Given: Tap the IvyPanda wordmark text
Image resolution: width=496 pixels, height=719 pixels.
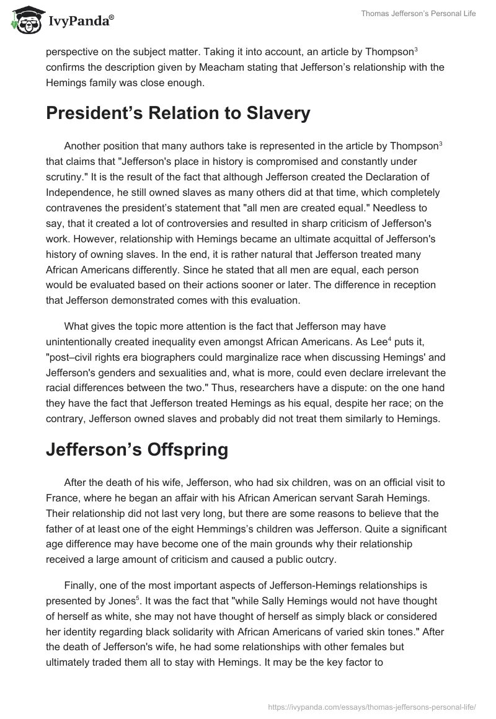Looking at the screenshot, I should tap(80, 20).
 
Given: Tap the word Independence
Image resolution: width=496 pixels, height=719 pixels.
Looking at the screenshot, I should tap(77, 192).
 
